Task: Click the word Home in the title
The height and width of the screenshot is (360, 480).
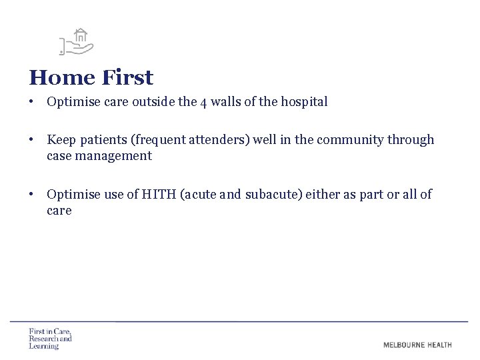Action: pyautogui.click(x=62, y=78)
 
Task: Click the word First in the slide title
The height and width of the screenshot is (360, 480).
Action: pyautogui.click(x=127, y=78)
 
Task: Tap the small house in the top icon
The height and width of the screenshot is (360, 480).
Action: pyautogui.click(x=81, y=36)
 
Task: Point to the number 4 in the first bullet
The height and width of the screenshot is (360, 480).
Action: pyautogui.click(x=204, y=103)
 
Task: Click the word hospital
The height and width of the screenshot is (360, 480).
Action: pyautogui.click(x=303, y=103)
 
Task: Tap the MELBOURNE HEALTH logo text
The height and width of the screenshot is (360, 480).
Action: pyautogui.click(x=417, y=345)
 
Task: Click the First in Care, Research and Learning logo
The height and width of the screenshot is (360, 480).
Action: pyautogui.click(x=50, y=339)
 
